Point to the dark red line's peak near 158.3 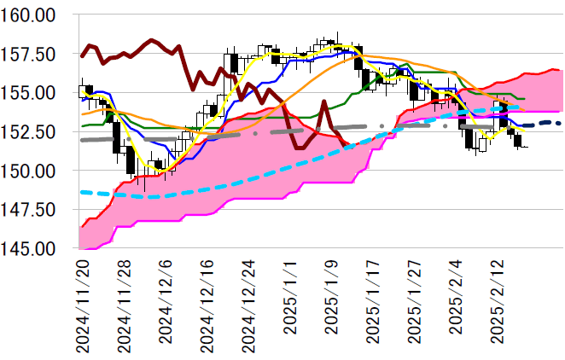point(151,40)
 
